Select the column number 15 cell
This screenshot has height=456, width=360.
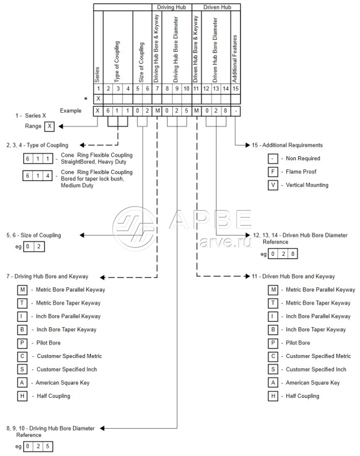tap(236, 88)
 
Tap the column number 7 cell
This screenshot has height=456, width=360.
tap(157, 88)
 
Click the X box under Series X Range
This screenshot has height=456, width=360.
tap(49, 126)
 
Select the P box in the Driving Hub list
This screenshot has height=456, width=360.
tap(22, 343)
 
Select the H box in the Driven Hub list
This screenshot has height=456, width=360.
tap(273, 395)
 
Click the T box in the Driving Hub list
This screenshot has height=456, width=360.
tap(22, 303)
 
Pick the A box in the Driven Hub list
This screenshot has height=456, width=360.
tap(273, 382)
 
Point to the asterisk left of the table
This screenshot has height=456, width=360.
tap(87, 98)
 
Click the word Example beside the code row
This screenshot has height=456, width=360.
tap(71, 110)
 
